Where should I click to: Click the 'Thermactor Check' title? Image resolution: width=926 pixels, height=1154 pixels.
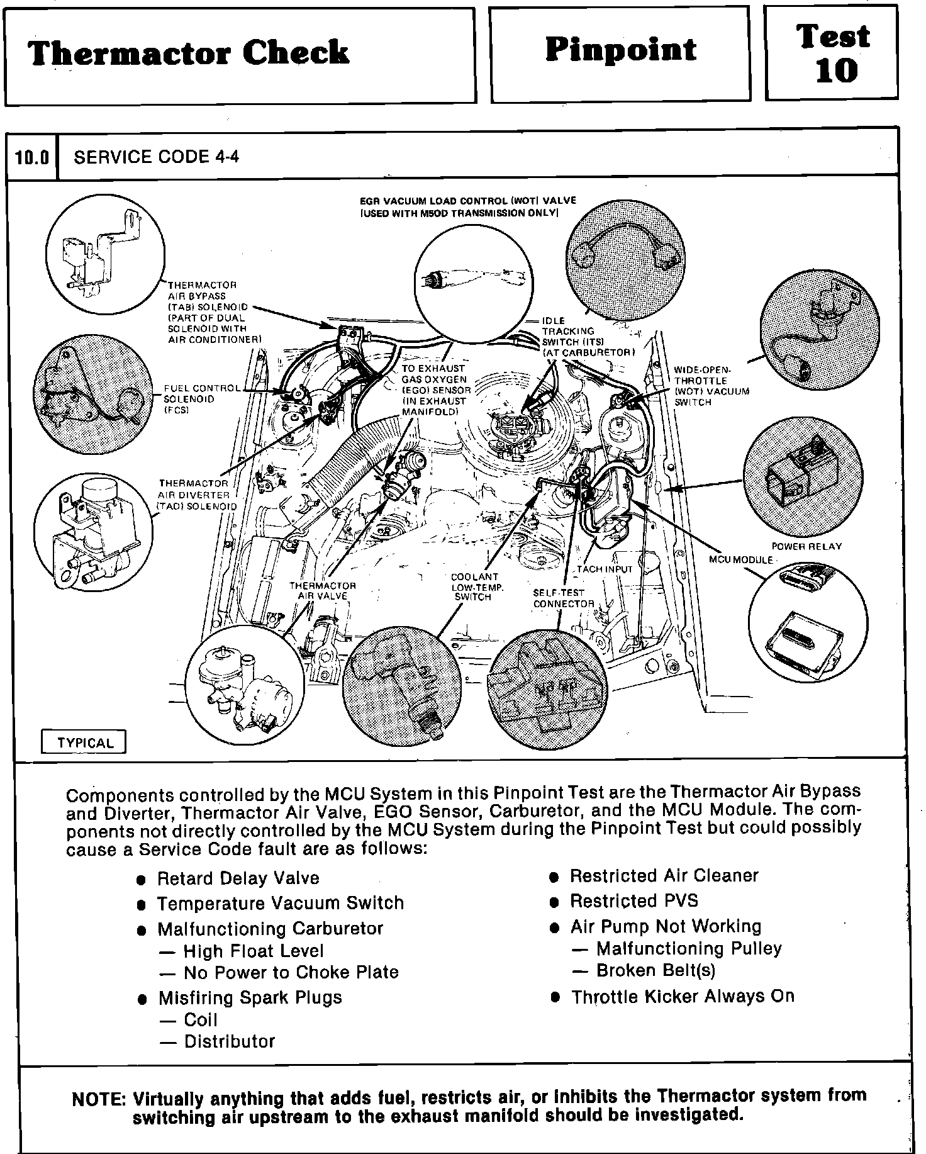coord(187,53)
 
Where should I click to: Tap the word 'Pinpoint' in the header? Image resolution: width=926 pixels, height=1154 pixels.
coord(620,50)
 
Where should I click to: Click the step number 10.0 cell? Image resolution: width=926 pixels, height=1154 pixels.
coord(32,157)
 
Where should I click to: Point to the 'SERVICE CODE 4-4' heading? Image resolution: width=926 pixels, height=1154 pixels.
coord(156,157)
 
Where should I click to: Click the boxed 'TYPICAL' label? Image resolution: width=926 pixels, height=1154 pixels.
coord(85,742)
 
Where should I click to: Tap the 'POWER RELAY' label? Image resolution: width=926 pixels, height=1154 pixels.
coord(806,546)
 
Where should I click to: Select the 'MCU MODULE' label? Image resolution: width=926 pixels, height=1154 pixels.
coord(740,559)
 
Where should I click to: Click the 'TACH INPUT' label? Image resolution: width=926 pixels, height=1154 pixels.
coord(605,569)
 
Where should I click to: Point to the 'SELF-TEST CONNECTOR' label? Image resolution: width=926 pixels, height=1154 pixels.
coord(563,598)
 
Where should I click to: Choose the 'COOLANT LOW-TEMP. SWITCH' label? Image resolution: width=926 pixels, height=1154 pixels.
coord(474,586)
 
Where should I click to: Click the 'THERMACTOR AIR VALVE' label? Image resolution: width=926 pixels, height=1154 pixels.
coord(322,590)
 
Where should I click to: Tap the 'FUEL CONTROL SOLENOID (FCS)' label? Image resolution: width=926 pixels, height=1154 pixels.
coord(201,399)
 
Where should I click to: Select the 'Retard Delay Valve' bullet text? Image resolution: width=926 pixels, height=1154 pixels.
coord(238,878)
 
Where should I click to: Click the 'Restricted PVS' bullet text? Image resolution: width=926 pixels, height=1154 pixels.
coord(633,901)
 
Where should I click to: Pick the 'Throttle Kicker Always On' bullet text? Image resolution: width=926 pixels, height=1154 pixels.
coord(683,997)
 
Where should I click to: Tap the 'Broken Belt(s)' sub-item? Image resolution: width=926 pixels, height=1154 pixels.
coord(655,970)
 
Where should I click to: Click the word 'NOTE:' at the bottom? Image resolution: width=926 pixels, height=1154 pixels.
coord(99,1099)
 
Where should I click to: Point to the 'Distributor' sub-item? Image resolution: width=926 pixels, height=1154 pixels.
coord(229,1042)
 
